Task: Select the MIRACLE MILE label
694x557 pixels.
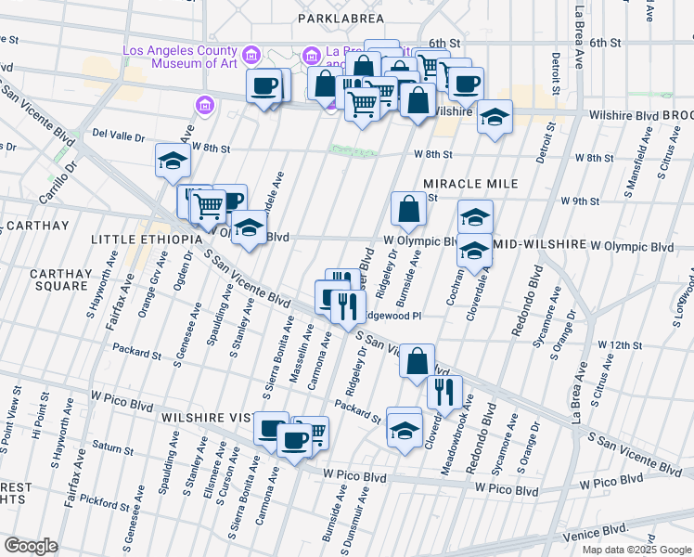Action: [x=461, y=184]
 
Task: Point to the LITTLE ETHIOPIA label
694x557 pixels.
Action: [x=146, y=240]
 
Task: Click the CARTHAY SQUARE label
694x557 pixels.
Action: [x=58, y=279]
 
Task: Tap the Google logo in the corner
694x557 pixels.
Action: [x=31, y=546]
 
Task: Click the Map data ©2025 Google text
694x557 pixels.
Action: [x=637, y=550]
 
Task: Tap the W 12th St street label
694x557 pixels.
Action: [x=620, y=345]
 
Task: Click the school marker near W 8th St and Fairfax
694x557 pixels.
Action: [x=173, y=162]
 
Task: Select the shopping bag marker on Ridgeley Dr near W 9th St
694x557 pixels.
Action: [x=408, y=209]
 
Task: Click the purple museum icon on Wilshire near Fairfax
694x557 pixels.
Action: [x=204, y=107]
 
